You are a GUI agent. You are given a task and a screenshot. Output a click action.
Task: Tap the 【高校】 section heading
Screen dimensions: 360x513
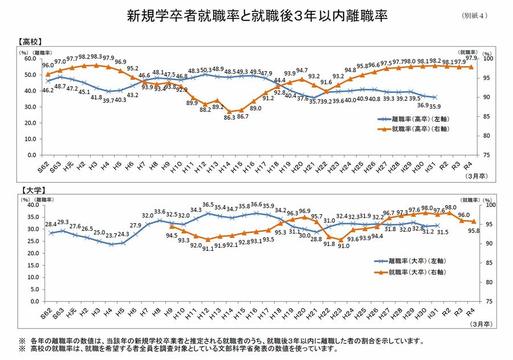[32, 42]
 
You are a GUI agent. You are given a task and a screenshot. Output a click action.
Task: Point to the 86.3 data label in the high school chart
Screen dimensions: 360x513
[230, 117]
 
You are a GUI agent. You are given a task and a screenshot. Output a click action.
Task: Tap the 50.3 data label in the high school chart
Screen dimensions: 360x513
[206, 70]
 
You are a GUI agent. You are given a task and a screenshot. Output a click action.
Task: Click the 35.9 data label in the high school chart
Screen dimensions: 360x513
[435, 106]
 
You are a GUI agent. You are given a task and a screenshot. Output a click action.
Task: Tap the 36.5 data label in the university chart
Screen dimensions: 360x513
[207, 204]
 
